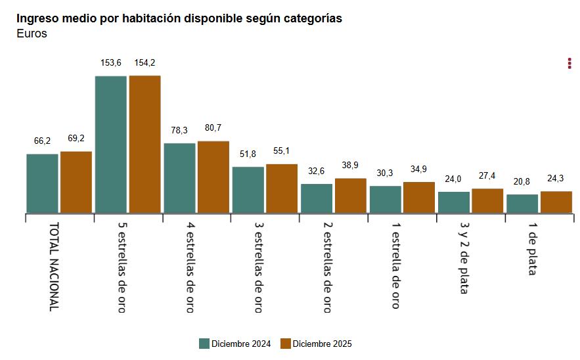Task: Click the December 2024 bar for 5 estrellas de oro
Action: click(x=110, y=144)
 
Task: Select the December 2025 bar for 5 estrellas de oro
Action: click(x=145, y=144)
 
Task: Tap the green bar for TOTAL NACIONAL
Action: click(x=42, y=183)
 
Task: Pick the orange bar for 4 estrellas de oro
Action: click(x=213, y=177)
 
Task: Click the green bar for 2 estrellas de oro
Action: click(x=317, y=198)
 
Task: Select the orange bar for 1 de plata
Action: click(x=556, y=202)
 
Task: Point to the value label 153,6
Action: click(x=111, y=62)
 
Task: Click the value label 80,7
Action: click(x=213, y=127)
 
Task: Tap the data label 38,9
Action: click(x=351, y=165)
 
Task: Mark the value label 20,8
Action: click(x=522, y=181)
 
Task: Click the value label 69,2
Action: click(x=76, y=139)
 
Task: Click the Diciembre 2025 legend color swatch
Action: click(x=286, y=344)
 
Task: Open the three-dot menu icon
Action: click(x=569, y=63)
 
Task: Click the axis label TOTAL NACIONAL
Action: click(x=55, y=266)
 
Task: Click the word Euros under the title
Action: click(x=32, y=34)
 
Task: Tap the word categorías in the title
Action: click(x=311, y=18)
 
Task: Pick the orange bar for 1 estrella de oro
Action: click(x=419, y=197)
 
